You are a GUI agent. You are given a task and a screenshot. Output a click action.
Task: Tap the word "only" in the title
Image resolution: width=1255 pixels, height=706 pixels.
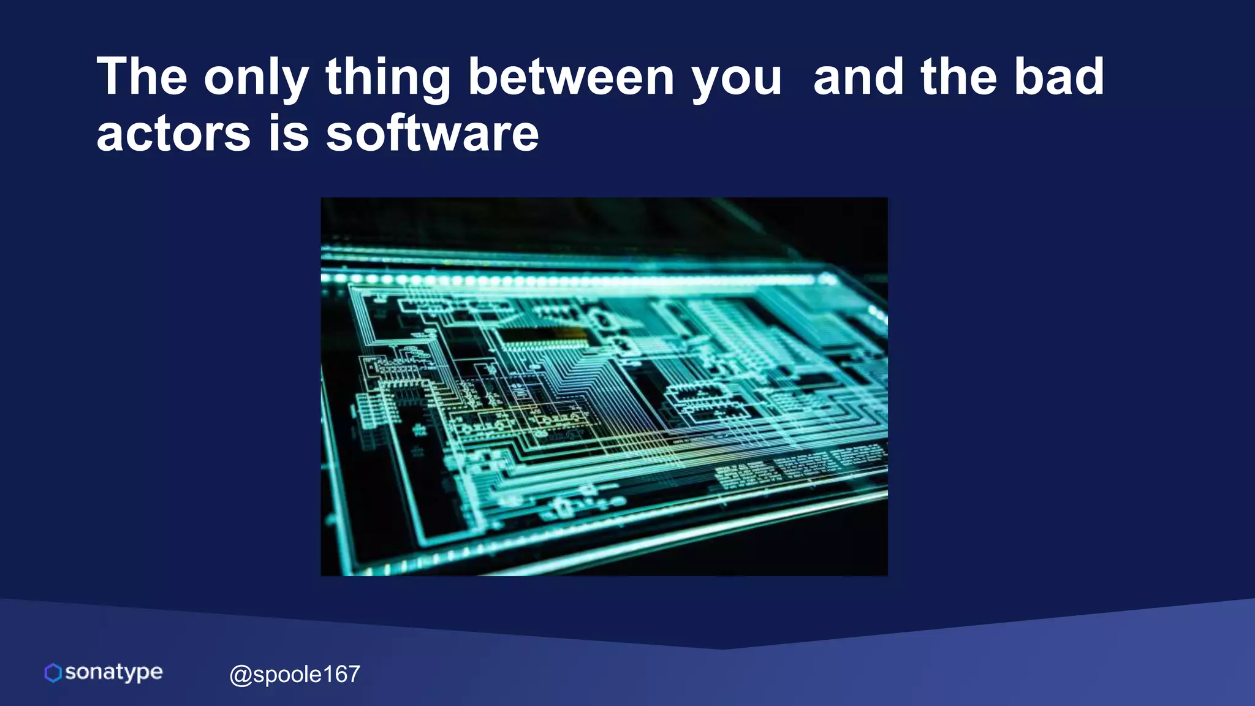256,78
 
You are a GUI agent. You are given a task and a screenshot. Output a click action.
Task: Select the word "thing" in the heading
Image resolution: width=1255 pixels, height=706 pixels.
388,78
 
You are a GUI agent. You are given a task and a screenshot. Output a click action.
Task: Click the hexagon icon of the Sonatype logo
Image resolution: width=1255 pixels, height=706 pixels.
53,672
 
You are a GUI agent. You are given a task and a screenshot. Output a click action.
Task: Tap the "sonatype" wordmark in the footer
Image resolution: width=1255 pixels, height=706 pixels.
114,672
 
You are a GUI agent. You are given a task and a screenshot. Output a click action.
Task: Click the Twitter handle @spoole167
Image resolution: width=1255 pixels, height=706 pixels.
295,674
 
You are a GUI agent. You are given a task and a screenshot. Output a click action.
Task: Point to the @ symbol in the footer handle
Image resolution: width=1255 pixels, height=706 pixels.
240,675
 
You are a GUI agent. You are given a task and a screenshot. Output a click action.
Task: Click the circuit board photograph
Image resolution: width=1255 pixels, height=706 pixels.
604,386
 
